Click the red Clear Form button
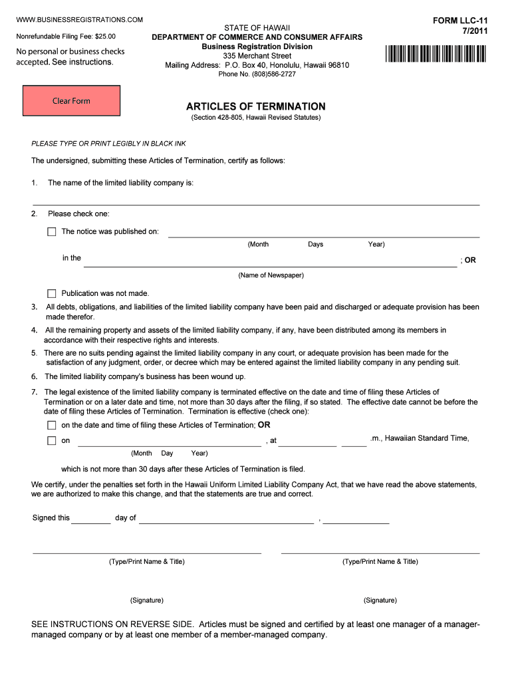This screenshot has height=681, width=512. tap(71, 101)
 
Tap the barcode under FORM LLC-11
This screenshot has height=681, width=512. tap(435, 54)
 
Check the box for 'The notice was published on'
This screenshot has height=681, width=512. tap(52, 232)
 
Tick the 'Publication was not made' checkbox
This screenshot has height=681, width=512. tap(52, 293)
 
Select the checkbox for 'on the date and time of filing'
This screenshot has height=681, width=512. tap(52, 425)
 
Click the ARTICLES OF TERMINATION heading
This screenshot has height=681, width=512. tap(256, 106)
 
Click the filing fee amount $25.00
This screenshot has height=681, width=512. tap(104, 37)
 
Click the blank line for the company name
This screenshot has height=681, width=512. tap(256, 201)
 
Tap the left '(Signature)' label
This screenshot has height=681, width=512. tap(147, 601)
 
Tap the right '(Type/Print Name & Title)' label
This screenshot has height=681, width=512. tap(380, 562)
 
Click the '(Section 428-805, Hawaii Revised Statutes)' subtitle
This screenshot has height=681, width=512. tap(256, 118)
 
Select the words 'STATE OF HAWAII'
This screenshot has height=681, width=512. tap(257, 27)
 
